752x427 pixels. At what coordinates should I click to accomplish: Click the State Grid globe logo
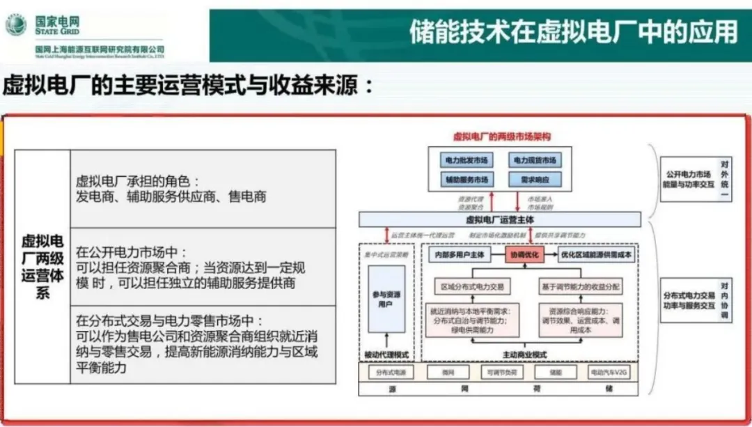coord(15,26)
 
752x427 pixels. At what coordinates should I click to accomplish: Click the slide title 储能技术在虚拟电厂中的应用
coord(573,32)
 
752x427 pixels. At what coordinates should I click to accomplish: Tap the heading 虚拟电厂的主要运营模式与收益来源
coord(188,86)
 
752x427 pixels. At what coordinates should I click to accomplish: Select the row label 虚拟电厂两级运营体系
coord(42,267)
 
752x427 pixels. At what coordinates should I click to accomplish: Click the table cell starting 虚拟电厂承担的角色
coord(203,188)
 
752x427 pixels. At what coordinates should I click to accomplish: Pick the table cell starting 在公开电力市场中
coord(203,267)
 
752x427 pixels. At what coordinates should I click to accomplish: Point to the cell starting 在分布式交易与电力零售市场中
coord(203,344)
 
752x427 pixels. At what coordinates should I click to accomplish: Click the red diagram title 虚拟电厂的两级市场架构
coord(501,137)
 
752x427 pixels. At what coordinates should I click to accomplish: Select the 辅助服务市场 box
coord(467,180)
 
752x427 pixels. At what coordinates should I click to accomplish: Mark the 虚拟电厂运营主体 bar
coord(500,219)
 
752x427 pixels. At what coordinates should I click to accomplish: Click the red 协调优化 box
coord(526,255)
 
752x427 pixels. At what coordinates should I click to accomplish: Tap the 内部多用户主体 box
coord(460,255)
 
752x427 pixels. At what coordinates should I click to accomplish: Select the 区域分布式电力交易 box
coord(471,286)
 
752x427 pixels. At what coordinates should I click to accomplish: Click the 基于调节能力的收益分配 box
coord(580,286)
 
